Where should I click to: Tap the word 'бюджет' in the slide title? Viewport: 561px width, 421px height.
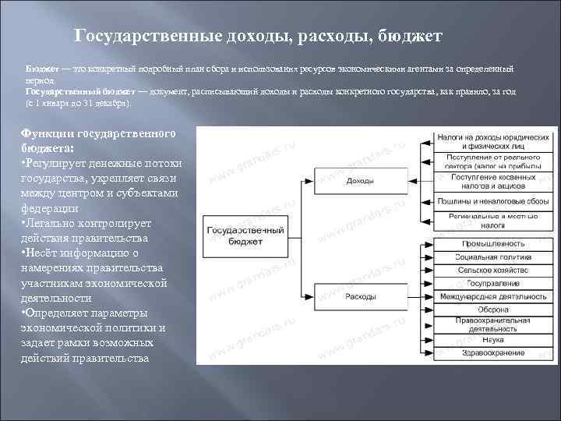click(x=411, y=37)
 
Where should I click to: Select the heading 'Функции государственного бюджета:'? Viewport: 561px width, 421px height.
click(x=97, y=140)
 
